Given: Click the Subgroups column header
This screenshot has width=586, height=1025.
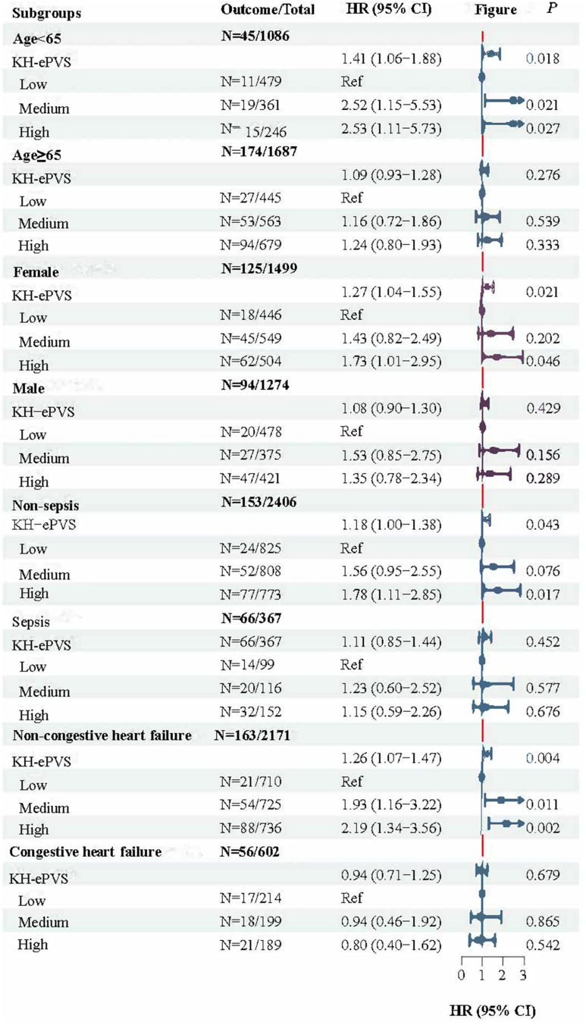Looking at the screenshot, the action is tap(47, 13).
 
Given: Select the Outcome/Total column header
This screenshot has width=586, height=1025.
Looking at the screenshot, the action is tap(268, 10).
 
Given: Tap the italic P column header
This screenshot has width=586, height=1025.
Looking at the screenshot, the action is tap(552, 8).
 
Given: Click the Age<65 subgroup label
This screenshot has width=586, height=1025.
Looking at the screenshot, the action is tap(36, 39).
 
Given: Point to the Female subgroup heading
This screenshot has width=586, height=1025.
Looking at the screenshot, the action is tap(36, 272).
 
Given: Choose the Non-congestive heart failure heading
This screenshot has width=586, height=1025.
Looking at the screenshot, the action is tap(102, 735).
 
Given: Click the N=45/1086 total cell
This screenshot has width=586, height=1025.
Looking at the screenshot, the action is tap(255, 36).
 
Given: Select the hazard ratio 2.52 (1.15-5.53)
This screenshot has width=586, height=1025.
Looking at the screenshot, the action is tap(392, 105).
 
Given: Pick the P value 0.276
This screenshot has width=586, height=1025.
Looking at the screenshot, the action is tap(543, 175).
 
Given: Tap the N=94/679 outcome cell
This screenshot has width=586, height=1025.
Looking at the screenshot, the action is tap(251, 245).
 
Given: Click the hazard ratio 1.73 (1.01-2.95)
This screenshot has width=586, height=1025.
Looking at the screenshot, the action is tap(392, 362).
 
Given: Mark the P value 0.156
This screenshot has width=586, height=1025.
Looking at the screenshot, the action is tap(543, 455).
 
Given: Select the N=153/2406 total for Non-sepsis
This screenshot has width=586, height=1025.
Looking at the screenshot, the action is tap(259, 502).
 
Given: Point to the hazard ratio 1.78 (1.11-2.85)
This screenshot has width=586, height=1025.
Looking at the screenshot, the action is tap(392, 595).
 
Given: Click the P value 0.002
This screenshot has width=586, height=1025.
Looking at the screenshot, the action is tap(543, 828).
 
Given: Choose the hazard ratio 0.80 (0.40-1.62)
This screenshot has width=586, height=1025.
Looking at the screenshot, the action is tap(392, 945).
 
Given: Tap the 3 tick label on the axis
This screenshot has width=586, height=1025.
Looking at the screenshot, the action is tap(523, 975).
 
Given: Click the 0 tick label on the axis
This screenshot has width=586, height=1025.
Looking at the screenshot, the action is tap(462, 975).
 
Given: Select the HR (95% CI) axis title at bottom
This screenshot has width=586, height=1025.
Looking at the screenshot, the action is tap(493, 1011).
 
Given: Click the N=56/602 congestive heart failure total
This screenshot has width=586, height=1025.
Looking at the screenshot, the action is tap(249, 851).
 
